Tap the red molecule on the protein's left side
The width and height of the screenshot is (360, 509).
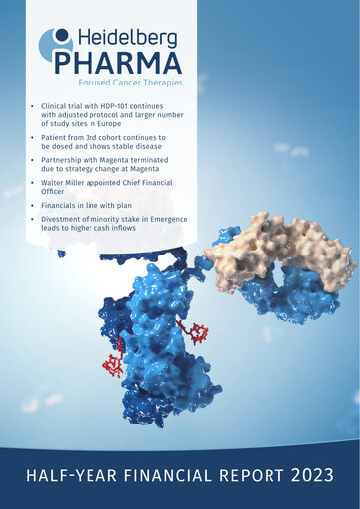coord(113,357)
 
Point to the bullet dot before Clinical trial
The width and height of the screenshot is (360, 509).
coord(34,104)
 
